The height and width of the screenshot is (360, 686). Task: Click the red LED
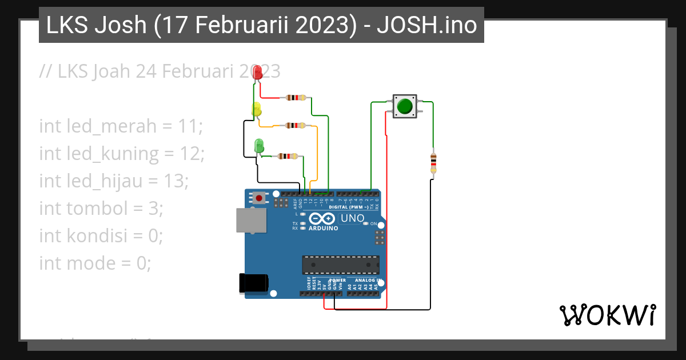click(x=257, y=73)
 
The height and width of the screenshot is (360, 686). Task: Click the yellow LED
click(x=257, y=109)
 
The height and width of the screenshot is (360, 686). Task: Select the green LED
click(x=259, y=145)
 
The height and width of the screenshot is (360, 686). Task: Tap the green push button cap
click(x=405, y=106)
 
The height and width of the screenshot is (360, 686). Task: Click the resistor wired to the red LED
click(x=295, y=98)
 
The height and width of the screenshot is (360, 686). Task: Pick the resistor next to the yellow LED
click(x=295, y=125)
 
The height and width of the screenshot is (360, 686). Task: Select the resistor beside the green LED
click(x=288, y=156)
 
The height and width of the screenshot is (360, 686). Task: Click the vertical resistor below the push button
click(x=433, y=163)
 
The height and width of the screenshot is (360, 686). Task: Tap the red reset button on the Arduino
click(x=260, y=198)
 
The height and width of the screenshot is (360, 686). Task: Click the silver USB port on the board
click(x=252, y=220)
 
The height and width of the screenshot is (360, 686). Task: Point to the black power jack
click(x=253, y=283)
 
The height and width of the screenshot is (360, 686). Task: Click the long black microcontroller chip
click(x=340, y=265)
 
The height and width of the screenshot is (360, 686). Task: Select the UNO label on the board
click(x=352, y=218)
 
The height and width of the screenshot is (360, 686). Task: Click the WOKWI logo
click(x=607, y=315)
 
